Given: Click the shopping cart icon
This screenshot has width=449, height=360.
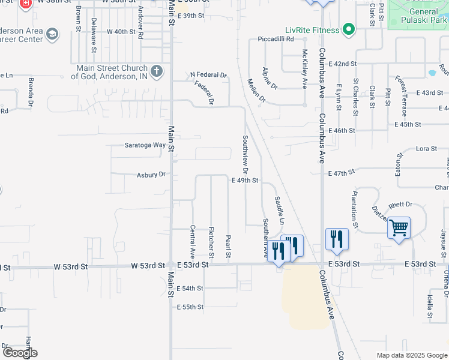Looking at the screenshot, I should pos(399,228).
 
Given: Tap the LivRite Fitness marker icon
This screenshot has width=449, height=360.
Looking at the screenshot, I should pos(348,29).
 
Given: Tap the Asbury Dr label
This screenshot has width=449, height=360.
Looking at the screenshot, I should pos(152,175).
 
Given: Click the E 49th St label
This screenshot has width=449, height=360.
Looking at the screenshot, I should pos(245,180).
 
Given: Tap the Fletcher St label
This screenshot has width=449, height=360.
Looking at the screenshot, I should pos(211,238).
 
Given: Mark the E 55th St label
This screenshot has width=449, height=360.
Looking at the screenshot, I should pos(190,307).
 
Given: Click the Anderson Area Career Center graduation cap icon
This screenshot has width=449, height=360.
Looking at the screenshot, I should pos(52,34).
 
